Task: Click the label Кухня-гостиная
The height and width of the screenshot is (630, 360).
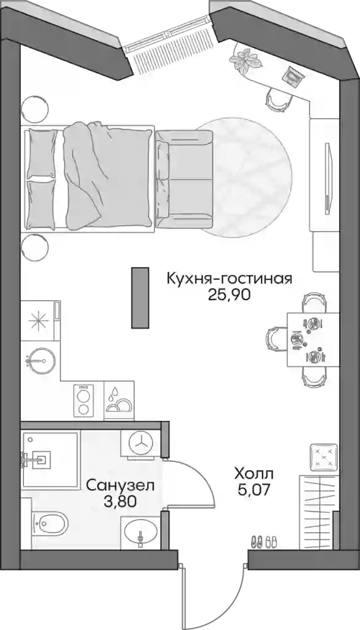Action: coord(229,279)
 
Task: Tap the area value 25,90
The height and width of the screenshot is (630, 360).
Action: coord(229,295)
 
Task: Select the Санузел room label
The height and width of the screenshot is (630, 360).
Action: coord(120,485)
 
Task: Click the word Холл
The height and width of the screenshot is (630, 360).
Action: coord(254,474)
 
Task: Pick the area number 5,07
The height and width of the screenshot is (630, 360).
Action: coord(253,490)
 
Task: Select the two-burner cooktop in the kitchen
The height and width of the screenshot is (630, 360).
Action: coord(84,401)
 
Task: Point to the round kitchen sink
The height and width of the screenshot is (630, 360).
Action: coord(39,361)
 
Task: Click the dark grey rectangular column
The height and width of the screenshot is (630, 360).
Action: coord(140,298)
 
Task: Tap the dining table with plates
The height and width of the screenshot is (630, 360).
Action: coord(313,340)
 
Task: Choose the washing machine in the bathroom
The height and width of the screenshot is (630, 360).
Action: coord(142,444)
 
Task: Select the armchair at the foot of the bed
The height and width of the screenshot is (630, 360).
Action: coord(183,179)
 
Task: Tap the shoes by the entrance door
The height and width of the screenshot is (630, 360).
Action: coord(264,541)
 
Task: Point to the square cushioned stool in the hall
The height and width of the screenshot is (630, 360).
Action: coord(324,457)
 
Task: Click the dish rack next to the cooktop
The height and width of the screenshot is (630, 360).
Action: coord(119,400)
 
